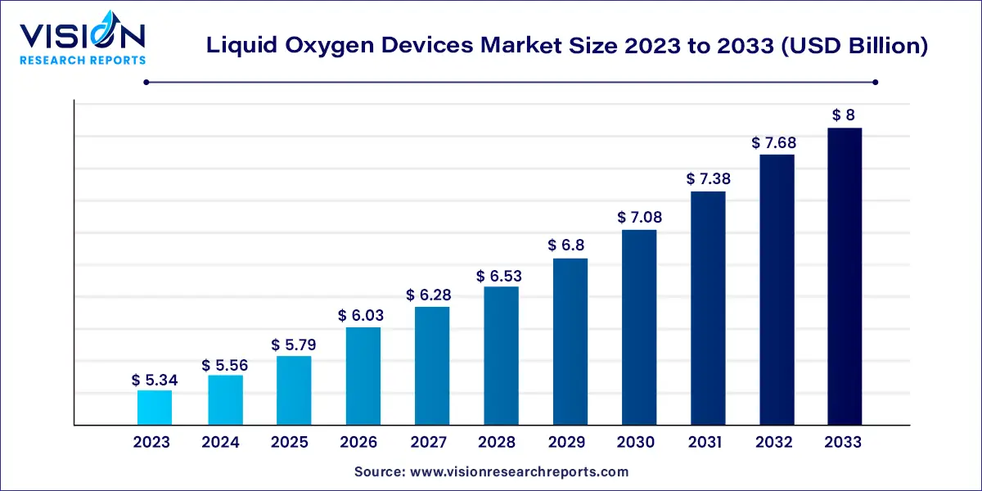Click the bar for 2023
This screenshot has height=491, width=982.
[155, 408]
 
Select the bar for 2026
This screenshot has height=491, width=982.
[363, 376]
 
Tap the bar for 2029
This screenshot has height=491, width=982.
[570, 341]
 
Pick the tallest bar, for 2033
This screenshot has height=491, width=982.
[845, 276]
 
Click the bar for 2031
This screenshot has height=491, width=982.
[708, 308]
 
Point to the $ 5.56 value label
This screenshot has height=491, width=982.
[225, 365]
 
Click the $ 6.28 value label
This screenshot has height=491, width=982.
[432, 295]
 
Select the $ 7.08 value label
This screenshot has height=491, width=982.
[639, 218]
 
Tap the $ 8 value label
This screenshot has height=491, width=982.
[845, 115]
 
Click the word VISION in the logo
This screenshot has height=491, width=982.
[82, 37]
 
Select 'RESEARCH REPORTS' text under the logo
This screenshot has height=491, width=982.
[83, 60]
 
